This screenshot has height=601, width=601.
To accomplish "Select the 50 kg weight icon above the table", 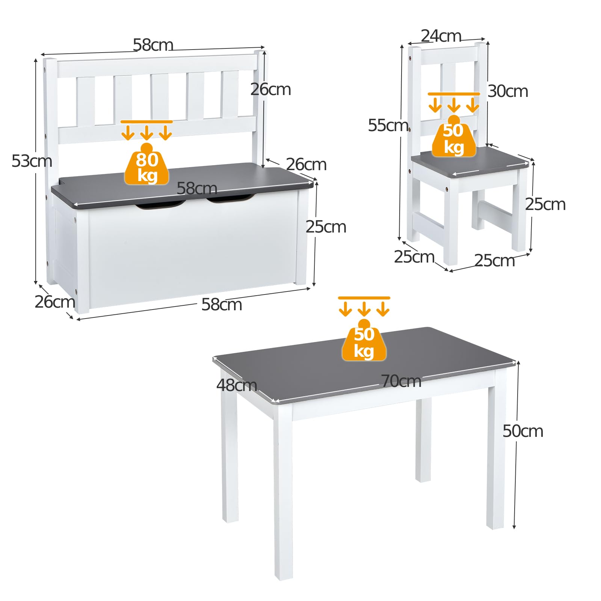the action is [364, 340].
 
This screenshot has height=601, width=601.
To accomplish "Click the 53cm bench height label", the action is [32, 161].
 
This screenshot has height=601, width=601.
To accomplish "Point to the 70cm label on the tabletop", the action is [401, 381].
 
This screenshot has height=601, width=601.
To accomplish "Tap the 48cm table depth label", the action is [237, 385].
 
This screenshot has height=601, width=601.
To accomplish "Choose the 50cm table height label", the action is [523, 431].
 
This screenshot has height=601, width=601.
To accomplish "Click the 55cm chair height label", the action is [388, 125].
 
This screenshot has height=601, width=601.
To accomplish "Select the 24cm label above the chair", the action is [441, 36].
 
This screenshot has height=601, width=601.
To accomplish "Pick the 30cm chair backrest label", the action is [508, 91].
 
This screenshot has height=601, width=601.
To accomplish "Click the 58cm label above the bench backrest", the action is [153, 45].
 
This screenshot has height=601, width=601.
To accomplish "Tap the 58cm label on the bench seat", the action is [197, 188].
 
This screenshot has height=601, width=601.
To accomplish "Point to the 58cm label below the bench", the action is [222, 304].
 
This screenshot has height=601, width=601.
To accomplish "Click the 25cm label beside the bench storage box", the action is [326, 227].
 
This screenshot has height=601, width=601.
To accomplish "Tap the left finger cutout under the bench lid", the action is [160, 205].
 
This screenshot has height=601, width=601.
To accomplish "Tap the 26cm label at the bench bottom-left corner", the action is [55, 302].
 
